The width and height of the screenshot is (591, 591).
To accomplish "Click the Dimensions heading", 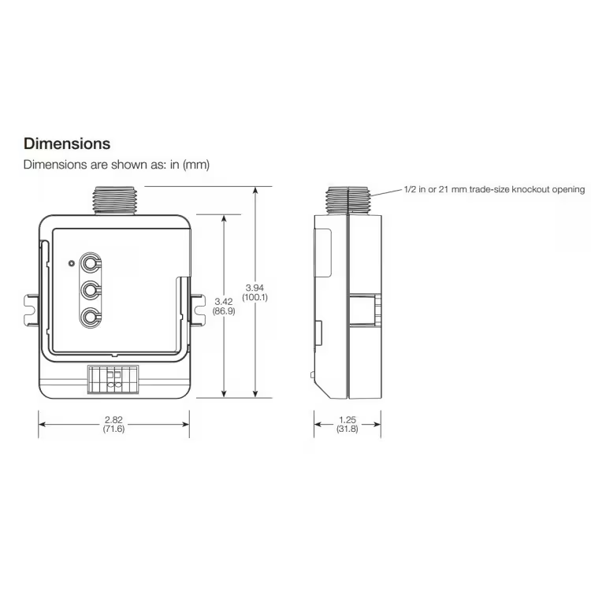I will [67, 144].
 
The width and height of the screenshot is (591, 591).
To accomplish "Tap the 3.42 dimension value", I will [224, 301].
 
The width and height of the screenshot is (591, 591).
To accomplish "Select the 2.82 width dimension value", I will [113, 419].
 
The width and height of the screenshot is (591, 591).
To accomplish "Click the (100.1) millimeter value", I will [255, 298].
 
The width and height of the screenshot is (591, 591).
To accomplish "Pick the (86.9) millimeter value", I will [224, 312].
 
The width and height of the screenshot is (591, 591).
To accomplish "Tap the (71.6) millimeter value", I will [113, 429].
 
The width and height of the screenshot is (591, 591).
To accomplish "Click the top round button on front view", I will [91, 263].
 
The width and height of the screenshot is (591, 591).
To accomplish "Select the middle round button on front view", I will [91, 291].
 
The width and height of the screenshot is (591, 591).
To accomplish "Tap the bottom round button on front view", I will [91, 318].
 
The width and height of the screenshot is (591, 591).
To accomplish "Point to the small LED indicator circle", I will [72, 262].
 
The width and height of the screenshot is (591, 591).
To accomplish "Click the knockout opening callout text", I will [494, 190].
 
